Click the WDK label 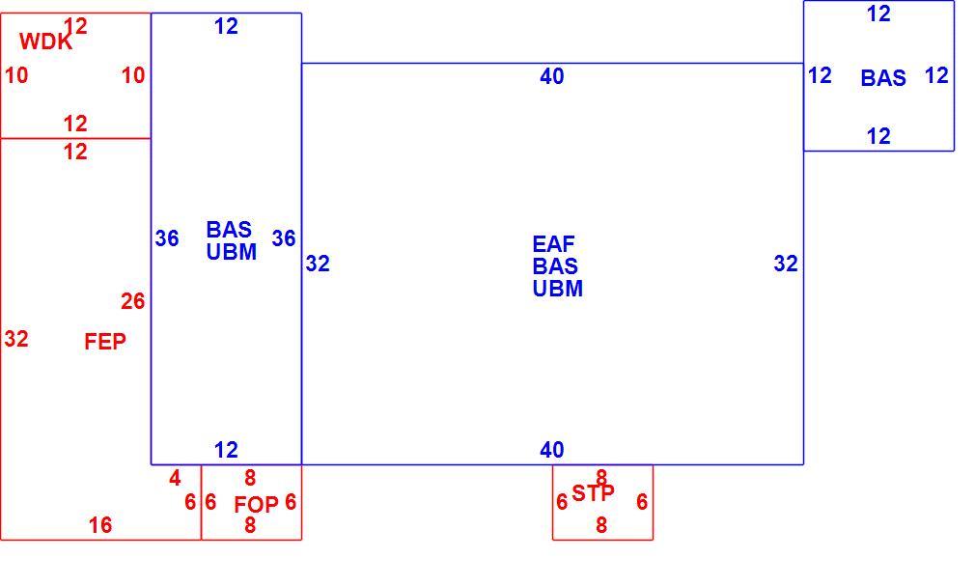tap(45, 42)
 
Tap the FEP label tap(105, 342)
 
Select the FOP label tap(256, 505)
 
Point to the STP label tap(594, 493)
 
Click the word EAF tap(553, 244)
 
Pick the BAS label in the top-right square tap(883, 78)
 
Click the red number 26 tap(132, 302)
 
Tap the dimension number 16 tap(100, 525)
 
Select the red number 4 tap(175, 479)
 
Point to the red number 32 tap(16, 339)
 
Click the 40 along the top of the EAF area tap(552, 76)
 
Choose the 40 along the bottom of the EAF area tap(552, 450)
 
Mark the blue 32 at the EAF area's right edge tap(786, 264)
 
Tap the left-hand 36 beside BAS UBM tap(167, 238)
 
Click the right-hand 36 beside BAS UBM tap(284, 238)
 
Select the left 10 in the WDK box tap(16, 75)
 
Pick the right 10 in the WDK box tap(133, 75)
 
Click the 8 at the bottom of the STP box tap(601, 525)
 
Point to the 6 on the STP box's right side tap(642, 502)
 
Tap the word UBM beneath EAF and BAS tap(558, 289)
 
